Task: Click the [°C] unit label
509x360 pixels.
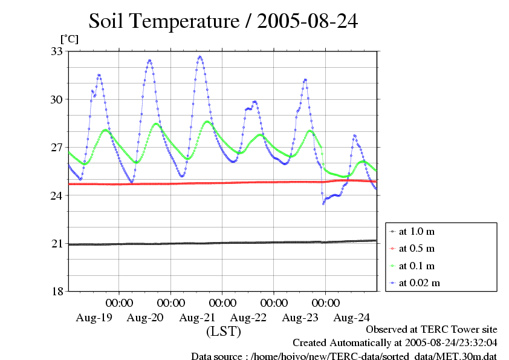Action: (68, 39)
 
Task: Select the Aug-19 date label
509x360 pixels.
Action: (94, 317)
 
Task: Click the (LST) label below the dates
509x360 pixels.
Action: (224, 332)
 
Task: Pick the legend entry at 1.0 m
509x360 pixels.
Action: (417, 232)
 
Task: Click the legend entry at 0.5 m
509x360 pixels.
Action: (417, 249)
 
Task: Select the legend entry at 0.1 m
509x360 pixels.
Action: (417, 266)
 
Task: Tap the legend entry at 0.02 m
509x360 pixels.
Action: (419, 283)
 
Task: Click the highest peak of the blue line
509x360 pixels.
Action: (200, 57)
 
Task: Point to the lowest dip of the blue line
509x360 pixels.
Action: (323, 203)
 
